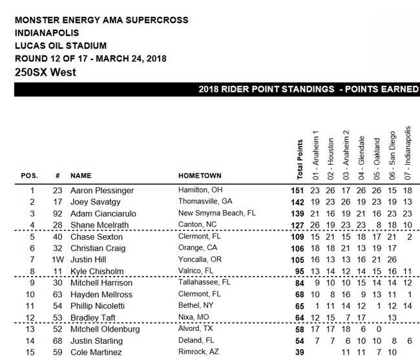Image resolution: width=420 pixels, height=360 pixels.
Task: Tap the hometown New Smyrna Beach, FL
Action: (x=217, y=213)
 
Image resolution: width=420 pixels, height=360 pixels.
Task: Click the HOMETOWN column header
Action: (x=200, y=175)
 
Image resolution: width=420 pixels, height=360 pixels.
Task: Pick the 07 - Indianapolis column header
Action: (x=408, y=153)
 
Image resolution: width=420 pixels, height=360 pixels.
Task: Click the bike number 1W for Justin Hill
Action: (x=58, y=259)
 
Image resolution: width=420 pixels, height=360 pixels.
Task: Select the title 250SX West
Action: (x=45, y=72)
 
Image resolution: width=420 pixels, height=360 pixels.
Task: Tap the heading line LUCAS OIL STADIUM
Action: (x=60, y=45)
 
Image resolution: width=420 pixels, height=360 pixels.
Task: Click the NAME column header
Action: (x=81, y=175)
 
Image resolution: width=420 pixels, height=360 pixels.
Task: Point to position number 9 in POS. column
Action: (x=30, y=282)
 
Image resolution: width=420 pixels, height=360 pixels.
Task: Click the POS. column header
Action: (x=30, y=175)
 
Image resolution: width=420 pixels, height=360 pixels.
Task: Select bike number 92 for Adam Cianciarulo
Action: (x=58, y=213)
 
